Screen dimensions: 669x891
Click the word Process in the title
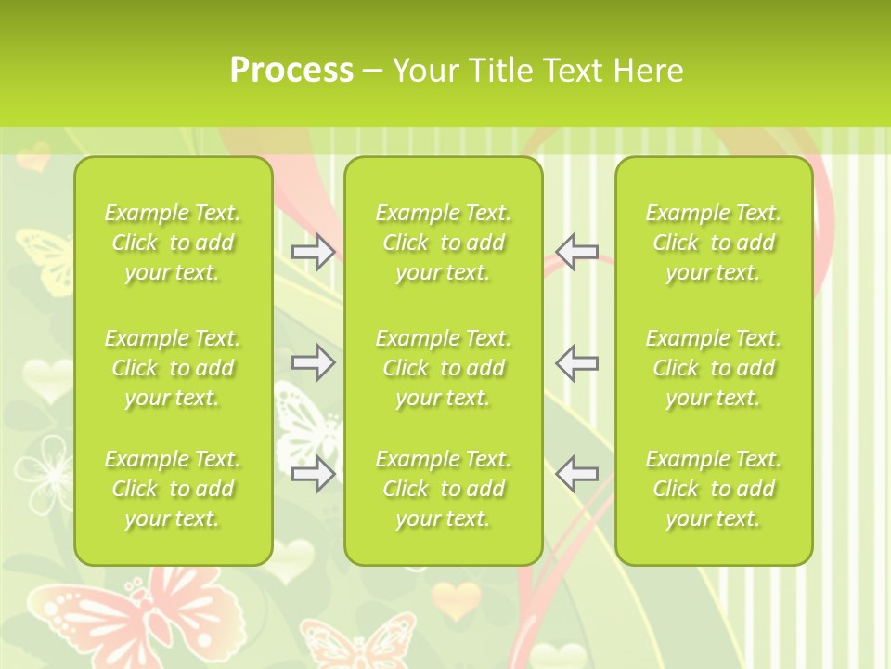click(291, 71)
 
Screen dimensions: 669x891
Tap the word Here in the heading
click(647, 71)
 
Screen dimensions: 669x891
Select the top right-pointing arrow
click(313, 251)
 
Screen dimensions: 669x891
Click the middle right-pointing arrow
click(313, 362)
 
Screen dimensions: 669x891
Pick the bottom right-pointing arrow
click(313, 473)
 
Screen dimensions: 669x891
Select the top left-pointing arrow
click(577, 251)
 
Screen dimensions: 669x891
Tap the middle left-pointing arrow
click(577, 362)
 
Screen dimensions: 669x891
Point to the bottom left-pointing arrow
click(577, 473)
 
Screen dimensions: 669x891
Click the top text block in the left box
click(173, 243)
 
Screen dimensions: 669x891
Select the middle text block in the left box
click(173, 368)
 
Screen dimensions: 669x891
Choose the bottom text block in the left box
click(173, 489)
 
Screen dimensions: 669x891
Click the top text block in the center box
click(444, 243)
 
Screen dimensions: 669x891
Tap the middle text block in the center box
click(444, 368)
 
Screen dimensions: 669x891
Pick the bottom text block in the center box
click(444, 489)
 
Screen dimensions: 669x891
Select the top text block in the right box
click(714, 243)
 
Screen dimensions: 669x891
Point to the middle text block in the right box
click(714, 368)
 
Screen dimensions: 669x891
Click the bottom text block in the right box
click(714, 489)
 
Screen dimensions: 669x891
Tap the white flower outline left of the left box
click(42, 469)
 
